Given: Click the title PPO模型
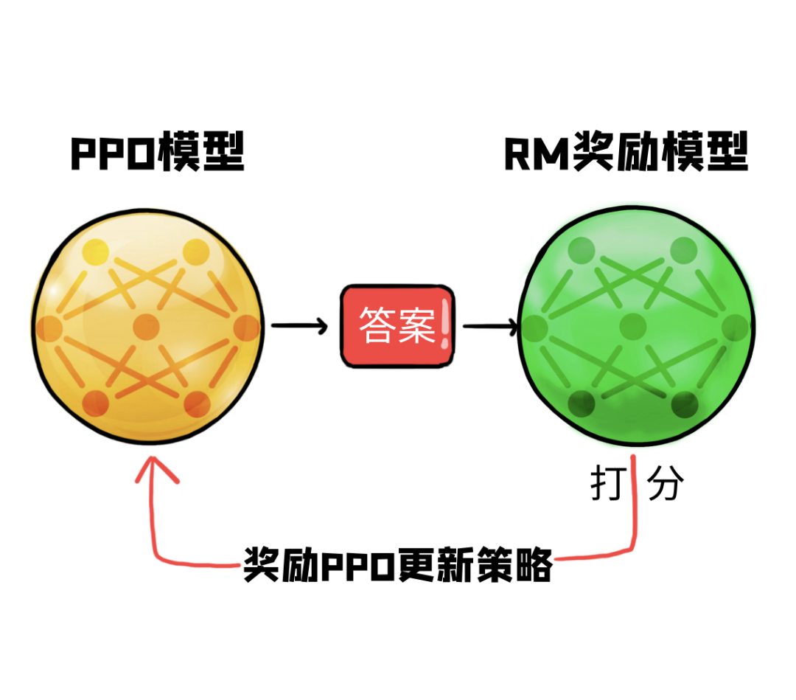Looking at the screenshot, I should (157, 153).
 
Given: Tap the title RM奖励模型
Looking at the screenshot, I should (626, 153).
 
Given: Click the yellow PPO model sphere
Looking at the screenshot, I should (147, 325).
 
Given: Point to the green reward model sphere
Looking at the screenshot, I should (637, 325).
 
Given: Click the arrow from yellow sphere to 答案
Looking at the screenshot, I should (299, 325).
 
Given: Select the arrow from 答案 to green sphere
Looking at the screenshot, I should (489, 325).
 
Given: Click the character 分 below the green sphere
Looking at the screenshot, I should (666, 484).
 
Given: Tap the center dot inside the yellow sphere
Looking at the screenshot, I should (146, 325).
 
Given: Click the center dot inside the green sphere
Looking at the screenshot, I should (635, 325).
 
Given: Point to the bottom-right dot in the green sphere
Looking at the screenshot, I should (685, 403).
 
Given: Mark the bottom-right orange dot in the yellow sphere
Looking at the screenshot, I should (198, 403).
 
